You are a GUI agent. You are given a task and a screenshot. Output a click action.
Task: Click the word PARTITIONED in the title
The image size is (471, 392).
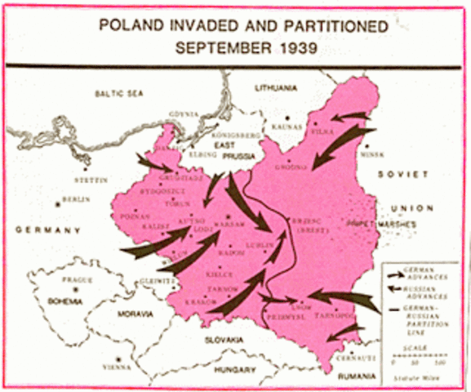pyautogui.click(x=325, y=25)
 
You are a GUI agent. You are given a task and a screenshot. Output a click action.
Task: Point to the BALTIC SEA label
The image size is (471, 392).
pyautogui.click(x=118, y=94)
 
